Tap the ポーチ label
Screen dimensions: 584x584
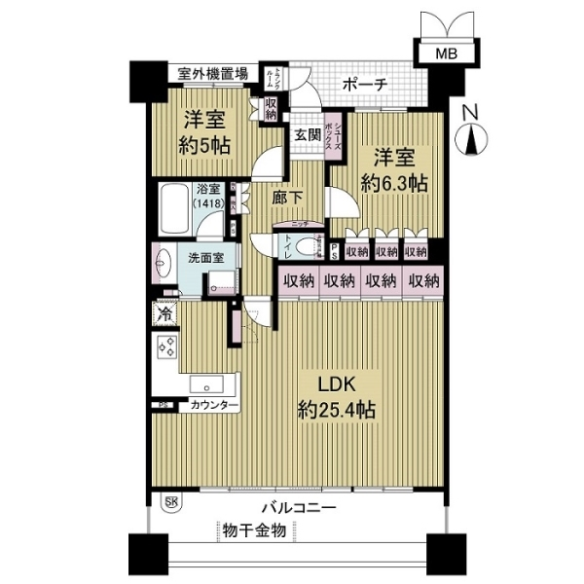tap(366, 86)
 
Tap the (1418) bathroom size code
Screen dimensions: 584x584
tap(206, 204)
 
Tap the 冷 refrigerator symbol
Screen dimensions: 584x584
tap(164, 315)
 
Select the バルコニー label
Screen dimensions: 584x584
tap(299, 508)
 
